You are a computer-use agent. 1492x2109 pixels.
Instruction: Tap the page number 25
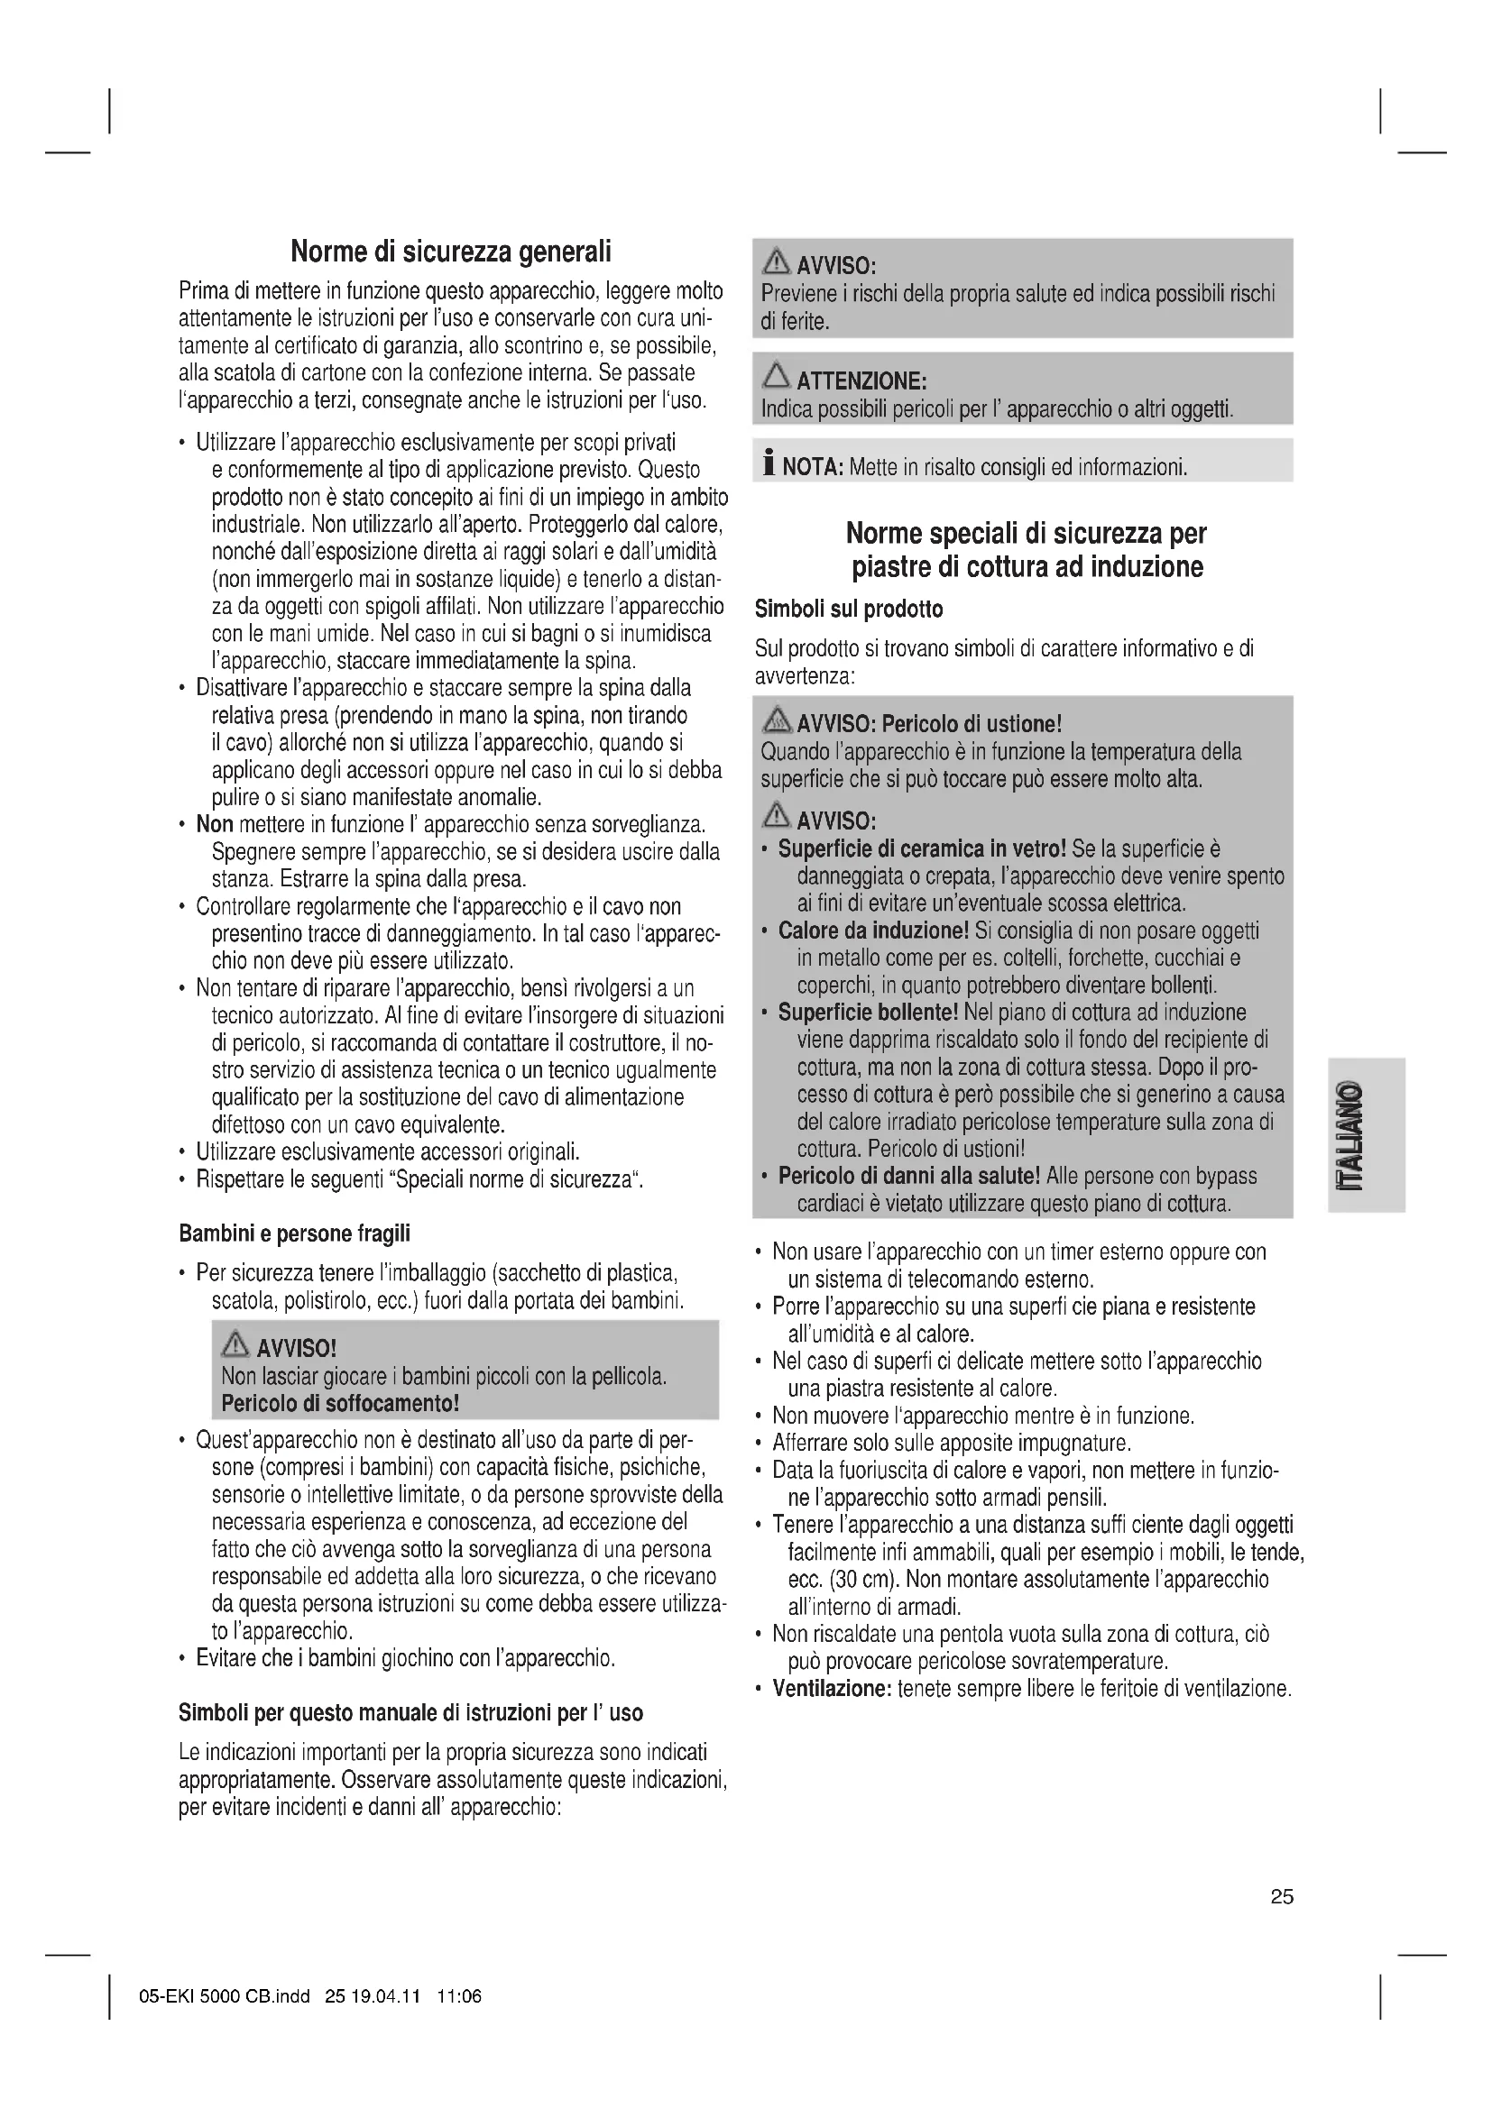1282,1897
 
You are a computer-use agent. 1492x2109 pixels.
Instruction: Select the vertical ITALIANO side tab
1365,1135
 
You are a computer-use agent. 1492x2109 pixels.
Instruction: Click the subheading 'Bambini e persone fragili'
294,1233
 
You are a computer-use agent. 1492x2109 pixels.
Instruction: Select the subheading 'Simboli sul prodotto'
848,609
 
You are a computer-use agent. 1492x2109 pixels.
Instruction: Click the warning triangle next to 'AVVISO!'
236,1345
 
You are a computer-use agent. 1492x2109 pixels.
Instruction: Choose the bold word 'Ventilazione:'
832,1688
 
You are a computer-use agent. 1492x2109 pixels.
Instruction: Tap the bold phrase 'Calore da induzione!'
873,931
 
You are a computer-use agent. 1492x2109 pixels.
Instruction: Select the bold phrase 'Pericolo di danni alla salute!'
908,1176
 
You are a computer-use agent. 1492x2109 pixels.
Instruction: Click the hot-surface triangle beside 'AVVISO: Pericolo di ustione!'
778,721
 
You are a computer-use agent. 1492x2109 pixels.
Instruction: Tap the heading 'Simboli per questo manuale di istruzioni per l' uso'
410,1713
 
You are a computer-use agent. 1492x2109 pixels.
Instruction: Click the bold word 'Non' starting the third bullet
214,824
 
